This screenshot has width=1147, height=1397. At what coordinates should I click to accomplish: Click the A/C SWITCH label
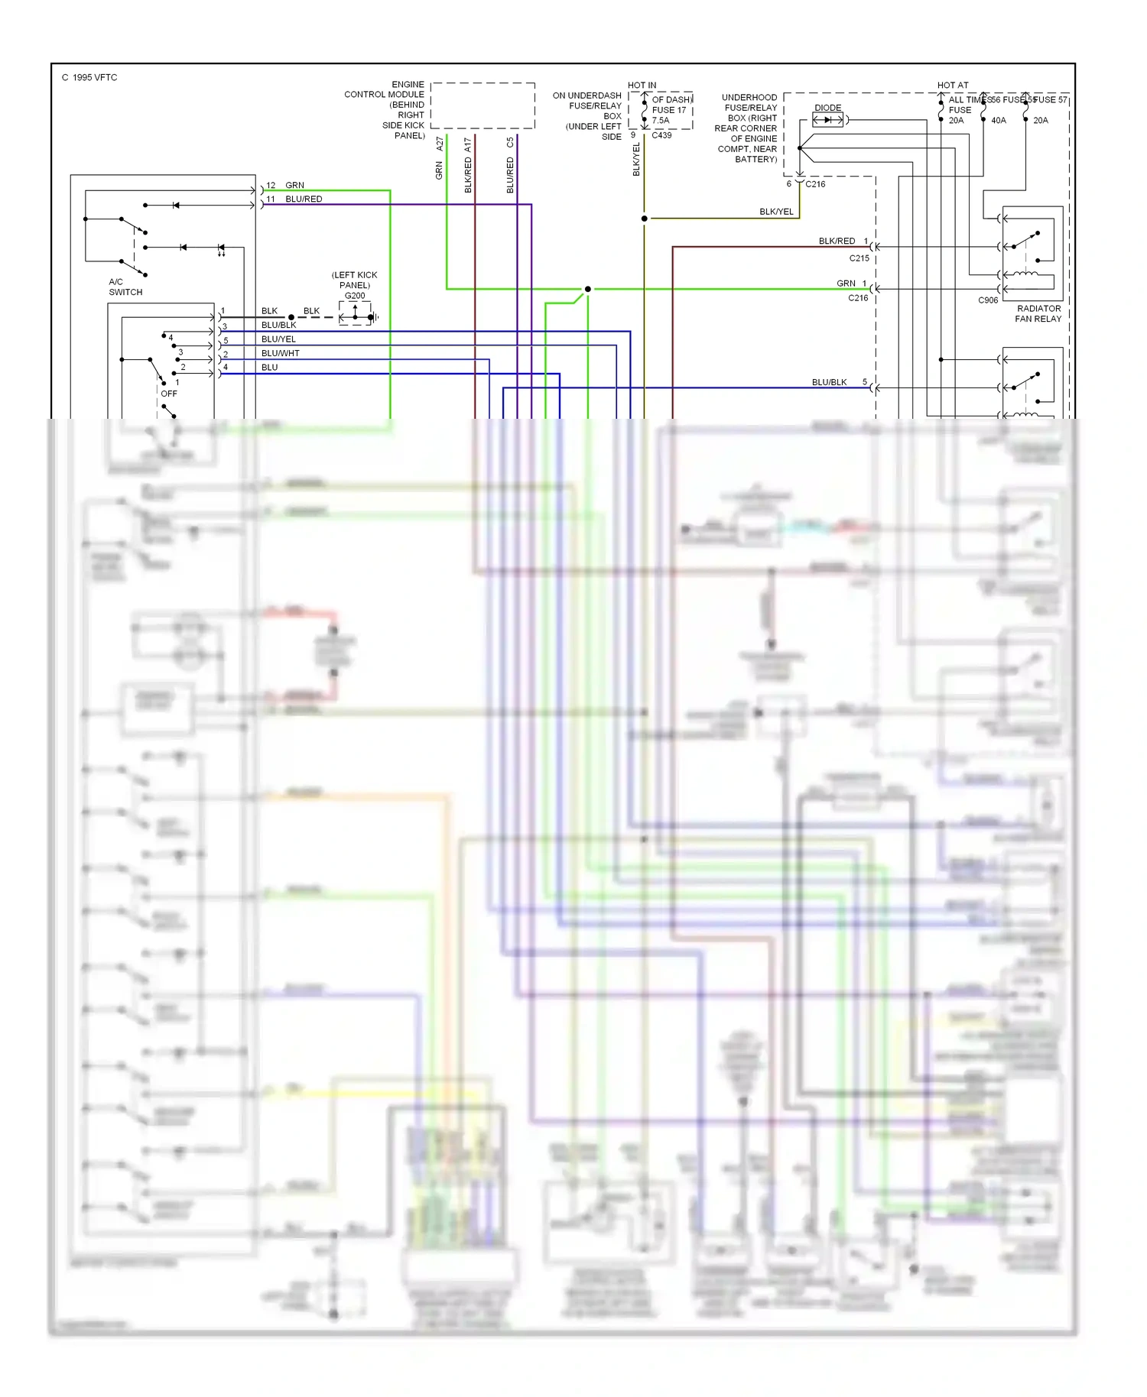pyautogui.click(x=125, y=287)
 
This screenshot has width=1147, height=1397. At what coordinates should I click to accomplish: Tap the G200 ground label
pyautogui.click(x=355, y=296)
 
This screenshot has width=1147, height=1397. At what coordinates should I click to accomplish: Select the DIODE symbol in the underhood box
pyautogui.click(x=827, y=120)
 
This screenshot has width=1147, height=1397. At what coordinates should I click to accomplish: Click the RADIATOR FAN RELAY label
pyautogui.click(x=1038, y=313)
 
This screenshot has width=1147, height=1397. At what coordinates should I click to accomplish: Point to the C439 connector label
pyautogui.click(x=661, y=135)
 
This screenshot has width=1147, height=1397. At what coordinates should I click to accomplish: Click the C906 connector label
pyautogui.click(x=988, y=300)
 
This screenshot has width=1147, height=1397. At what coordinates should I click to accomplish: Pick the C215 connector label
pyautogui.click(x=859, y=258)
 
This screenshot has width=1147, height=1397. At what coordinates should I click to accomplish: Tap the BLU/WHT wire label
pyautogui.click(x=280, y=353)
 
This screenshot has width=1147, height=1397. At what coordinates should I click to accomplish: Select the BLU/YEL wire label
pyautogui.click(x=278, y=339)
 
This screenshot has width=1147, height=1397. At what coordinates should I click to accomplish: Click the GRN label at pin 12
pyautogui.click(x=294, y=186)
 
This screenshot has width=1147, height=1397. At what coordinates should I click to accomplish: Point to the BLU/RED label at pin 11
pyautogui.click(x=304, y=199)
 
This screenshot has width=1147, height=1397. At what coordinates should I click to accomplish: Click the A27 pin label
pyautogui.click(x=440, y=144)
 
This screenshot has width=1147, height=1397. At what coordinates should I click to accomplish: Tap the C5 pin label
pyautogui.click(x=510, y=143)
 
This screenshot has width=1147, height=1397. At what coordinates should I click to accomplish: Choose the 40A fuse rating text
pyautogui.click(x=999, y=121)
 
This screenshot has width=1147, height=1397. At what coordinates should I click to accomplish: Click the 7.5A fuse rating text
pyautogui.click(x=661, y=121)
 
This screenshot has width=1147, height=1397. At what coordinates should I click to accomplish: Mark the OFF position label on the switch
pyautogui.click(x=169, y=394)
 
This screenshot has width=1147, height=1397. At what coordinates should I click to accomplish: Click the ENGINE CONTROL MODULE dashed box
pyautogui.click(x=483, y=105)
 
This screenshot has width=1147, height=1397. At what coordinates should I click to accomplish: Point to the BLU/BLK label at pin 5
pyautogui.click(x=829, y=382)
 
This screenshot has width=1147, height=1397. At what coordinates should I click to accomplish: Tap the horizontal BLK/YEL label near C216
pyautogui.click(x=776, y=212)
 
